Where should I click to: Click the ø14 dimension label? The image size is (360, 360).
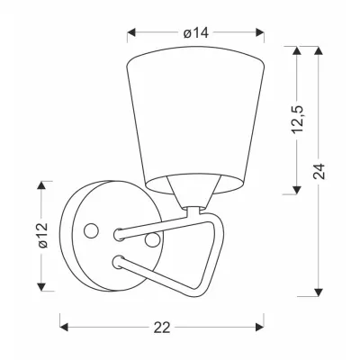[x=196, y=32]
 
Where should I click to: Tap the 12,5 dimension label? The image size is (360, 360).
[x=297, y=119]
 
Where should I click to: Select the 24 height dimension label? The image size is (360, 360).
[x=319, y=171]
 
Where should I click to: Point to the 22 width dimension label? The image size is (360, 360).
[x=162, y=328]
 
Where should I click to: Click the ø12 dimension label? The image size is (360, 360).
[x=43, y=236]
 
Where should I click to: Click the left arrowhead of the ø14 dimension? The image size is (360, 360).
[x=131, y=32]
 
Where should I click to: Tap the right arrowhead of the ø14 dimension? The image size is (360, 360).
[x=260, y=32]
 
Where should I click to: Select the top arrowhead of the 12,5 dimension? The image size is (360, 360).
[x=297, y=50]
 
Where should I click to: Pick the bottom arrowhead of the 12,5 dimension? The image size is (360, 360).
[x=297, y=190]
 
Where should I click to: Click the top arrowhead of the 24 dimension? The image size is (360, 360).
[x=319, y=50]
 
